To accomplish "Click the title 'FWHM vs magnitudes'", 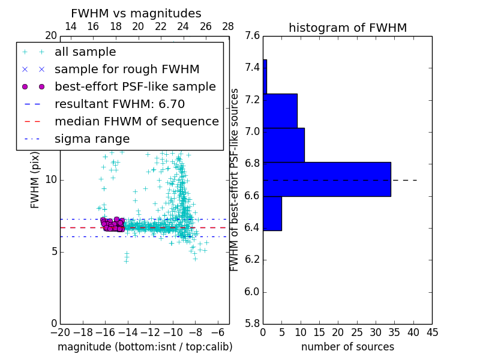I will coord(136,14).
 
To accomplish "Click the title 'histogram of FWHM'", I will coord(347,28).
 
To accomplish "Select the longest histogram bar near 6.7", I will coord(327,179).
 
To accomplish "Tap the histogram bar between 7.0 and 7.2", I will coord(284,145).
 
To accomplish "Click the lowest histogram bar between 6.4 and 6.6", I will coord(272,213).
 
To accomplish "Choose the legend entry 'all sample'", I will coord(85,52).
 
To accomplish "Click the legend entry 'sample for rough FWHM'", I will coord(127,70).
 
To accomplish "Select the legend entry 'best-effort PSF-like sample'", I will coord(135,87).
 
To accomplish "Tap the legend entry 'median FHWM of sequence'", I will coord(136,122).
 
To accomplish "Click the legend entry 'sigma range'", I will coord(92,139).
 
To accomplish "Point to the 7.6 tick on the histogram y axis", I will coord(252,36).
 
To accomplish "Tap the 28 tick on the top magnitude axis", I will coord(229,26).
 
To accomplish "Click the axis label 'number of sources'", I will coord(347,347).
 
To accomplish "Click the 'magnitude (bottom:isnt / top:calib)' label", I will coord(145,347).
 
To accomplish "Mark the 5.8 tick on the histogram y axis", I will coord(252,323).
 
